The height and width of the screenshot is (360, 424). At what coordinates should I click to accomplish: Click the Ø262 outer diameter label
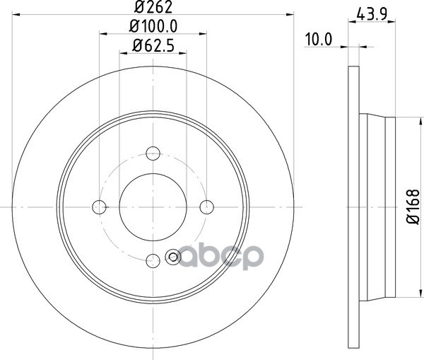click(x=153, y=7)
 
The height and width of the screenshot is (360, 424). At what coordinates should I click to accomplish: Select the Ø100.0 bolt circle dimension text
click(x=153, y=27)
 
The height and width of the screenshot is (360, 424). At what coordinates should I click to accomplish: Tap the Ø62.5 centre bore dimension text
click(x=153, y=46)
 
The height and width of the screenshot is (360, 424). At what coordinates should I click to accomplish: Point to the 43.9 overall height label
click(x=372, y=14)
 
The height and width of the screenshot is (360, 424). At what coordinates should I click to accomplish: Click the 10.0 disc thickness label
click(x=319, y=40)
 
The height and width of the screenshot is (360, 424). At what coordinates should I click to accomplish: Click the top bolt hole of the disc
click(x=153, y=153)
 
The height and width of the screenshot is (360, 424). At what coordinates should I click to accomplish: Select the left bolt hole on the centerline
click(x=99, y=207)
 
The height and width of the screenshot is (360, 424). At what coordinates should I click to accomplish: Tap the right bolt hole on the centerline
click(x=207, y=207)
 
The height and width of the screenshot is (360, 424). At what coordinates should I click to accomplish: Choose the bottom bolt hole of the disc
click(x=153, y=261)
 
